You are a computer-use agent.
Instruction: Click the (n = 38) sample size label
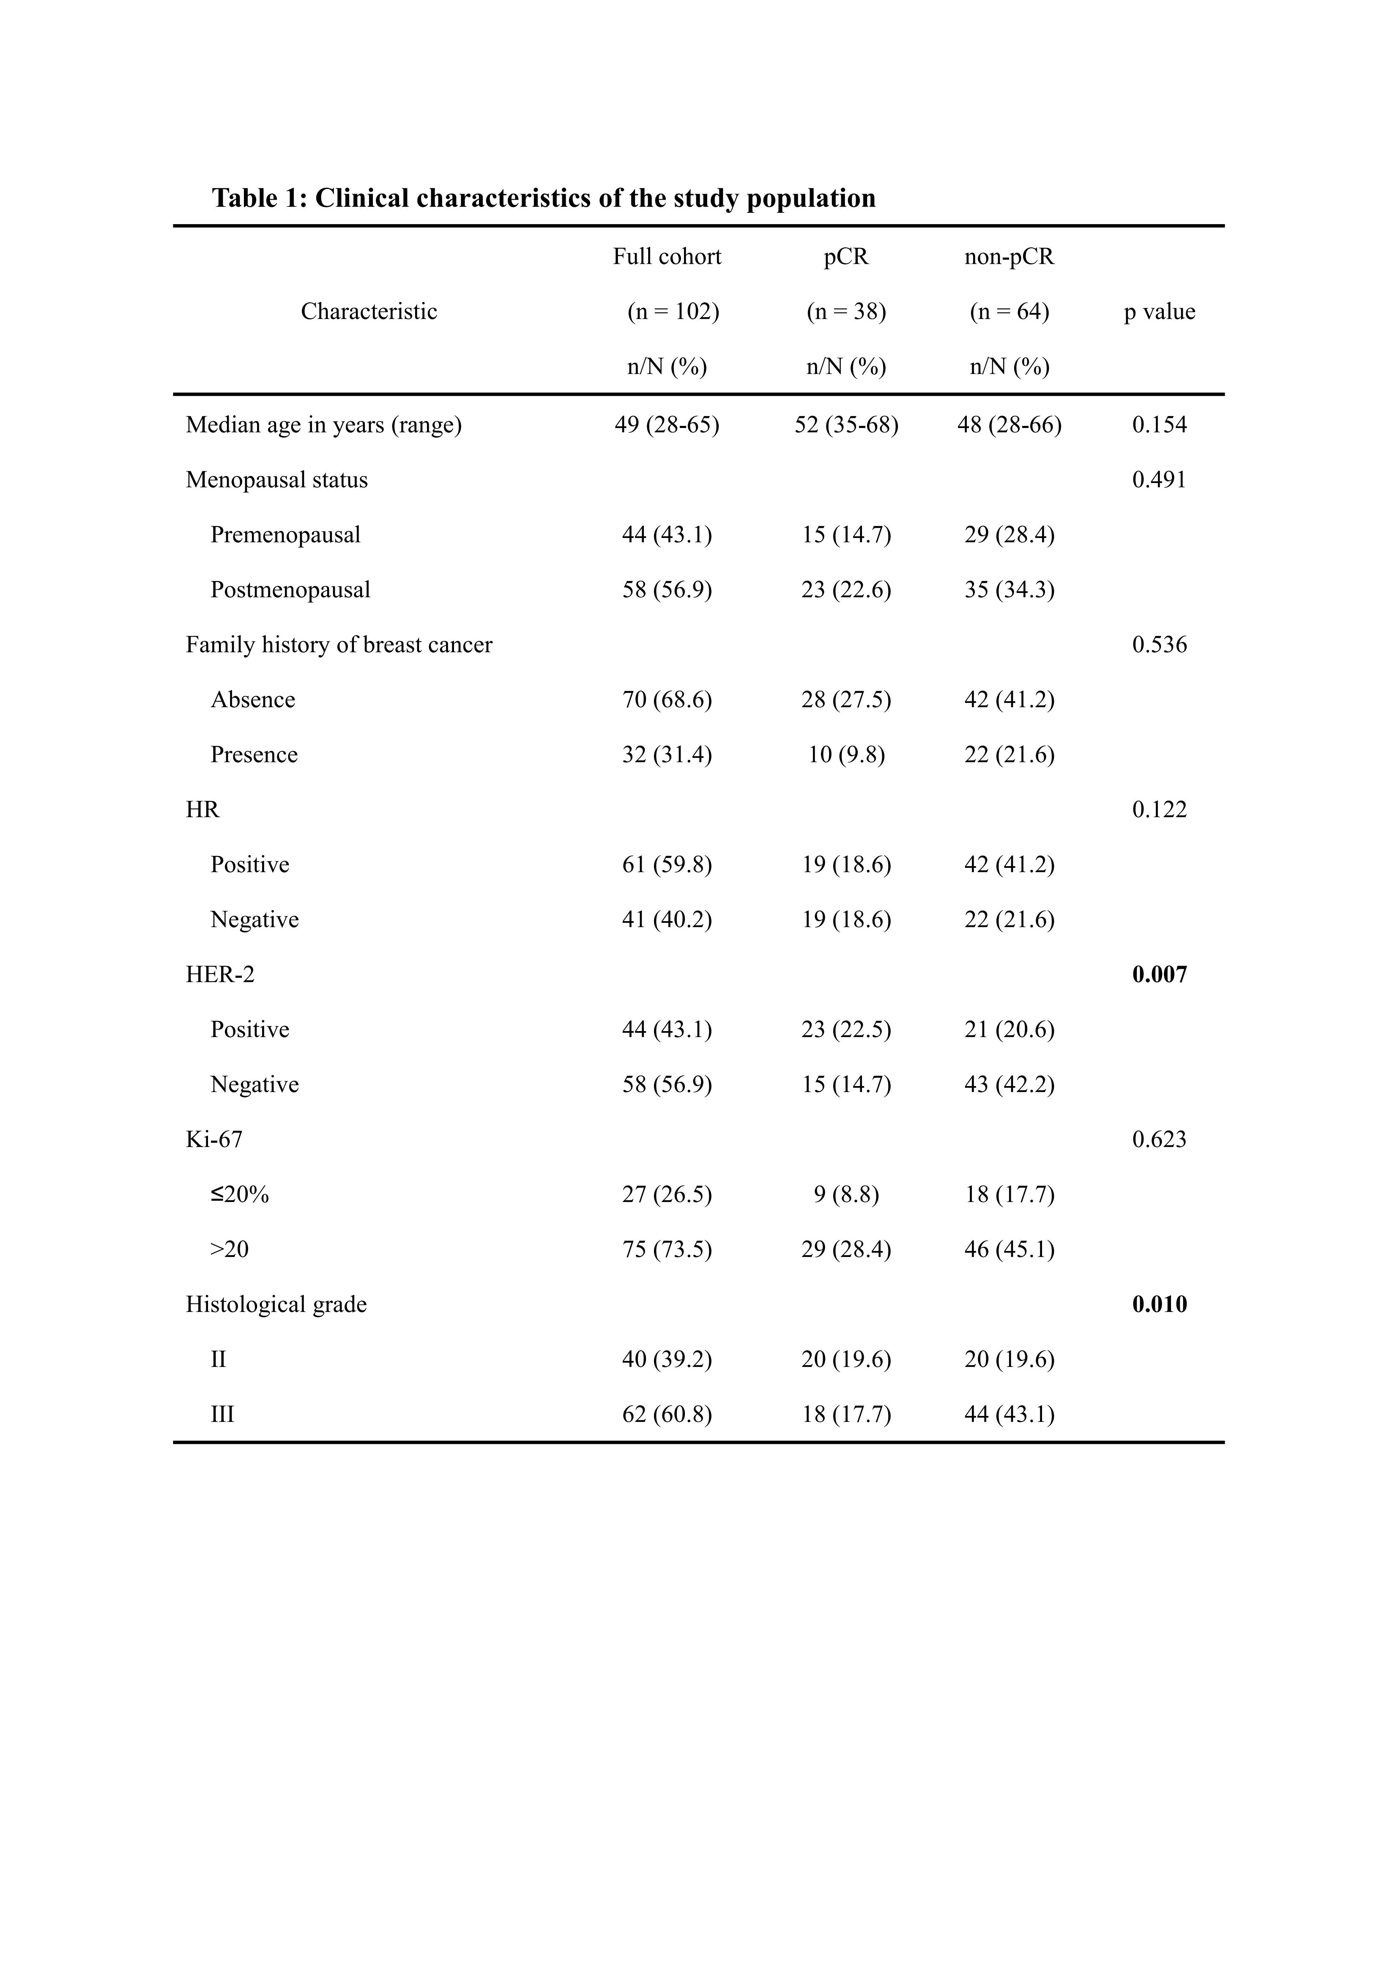(846, 312)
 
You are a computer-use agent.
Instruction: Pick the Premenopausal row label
(285, 535)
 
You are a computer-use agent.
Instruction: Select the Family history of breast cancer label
(339, 645)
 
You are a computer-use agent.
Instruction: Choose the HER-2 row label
(220, 975)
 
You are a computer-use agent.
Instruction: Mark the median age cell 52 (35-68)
(846, 425)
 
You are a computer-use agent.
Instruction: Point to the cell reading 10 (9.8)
(846, 754)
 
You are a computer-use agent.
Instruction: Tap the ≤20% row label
(239, 1195)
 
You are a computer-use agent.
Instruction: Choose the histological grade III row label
(222, 1415)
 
